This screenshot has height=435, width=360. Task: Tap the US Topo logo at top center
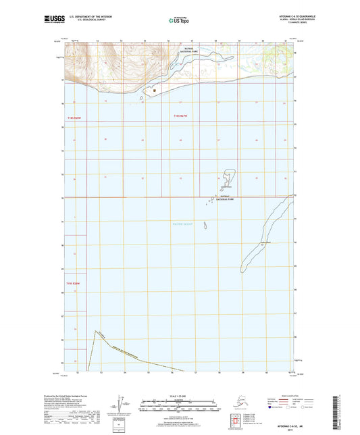178,21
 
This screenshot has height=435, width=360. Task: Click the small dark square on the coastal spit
154,89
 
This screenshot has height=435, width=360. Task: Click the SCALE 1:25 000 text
179,396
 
